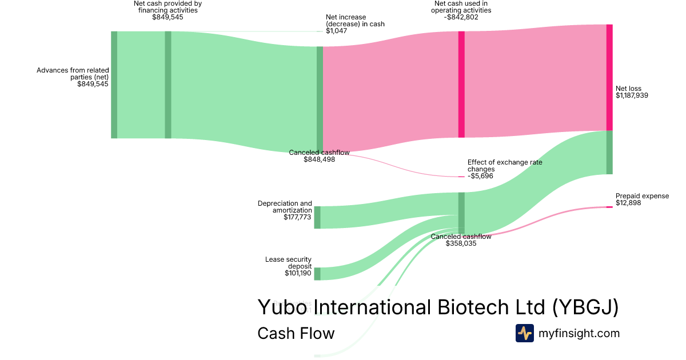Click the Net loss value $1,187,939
(632, 96)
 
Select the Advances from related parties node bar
(114, 85)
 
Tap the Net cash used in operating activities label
(461, 10)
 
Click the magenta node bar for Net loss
(609, 78)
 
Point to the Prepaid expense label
(642, 196)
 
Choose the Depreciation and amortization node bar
(317, 218)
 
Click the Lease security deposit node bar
(317, 274)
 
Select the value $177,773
(298, 218)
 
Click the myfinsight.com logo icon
(524, 333)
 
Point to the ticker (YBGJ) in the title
(585, 307)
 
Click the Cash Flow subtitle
(296, 333)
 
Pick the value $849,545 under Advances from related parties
(93, 85)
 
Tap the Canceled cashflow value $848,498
(319, 160)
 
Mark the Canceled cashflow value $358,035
(461, 243)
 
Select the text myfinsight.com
(579, 333)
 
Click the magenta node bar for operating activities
(461, 85)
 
